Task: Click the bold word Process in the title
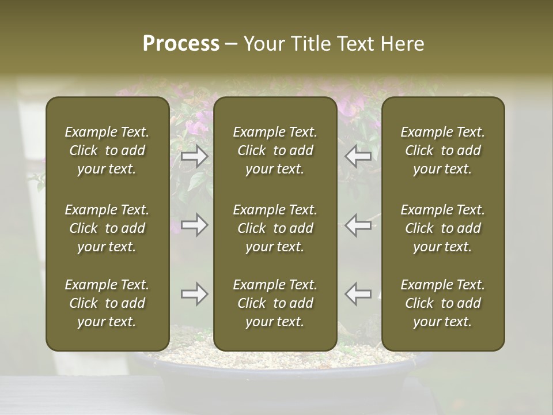point(181,44)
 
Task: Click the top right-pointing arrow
point(195,156)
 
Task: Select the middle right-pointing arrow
point(195,225)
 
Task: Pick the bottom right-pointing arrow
point(195,294)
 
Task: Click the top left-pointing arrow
point(358,156)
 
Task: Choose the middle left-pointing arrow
point(358,225)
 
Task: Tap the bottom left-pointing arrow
point(358,294)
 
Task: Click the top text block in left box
point(107,150)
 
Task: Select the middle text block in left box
point(107,228)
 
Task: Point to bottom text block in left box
point(107,303)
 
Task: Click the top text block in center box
point(275,150)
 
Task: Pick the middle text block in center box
point(275,228)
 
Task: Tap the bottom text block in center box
point(275,303)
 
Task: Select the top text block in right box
point(443,150)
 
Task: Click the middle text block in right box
point(443,228)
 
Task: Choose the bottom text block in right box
point(443,303)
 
